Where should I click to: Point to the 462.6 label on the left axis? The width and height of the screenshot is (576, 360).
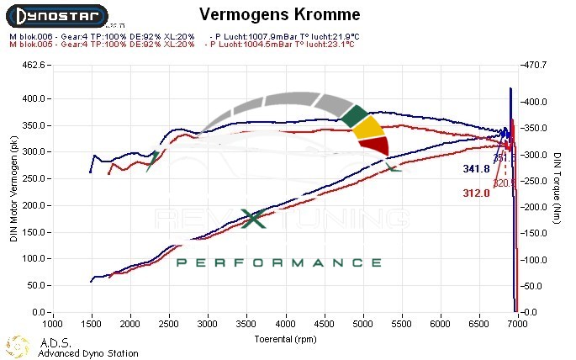33,65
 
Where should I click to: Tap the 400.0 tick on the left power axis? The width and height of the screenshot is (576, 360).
33,98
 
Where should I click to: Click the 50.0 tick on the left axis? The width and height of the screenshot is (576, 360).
34,286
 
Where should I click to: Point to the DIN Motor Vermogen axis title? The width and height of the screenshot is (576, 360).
13,189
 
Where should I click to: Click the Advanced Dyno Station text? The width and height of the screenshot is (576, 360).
87,353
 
